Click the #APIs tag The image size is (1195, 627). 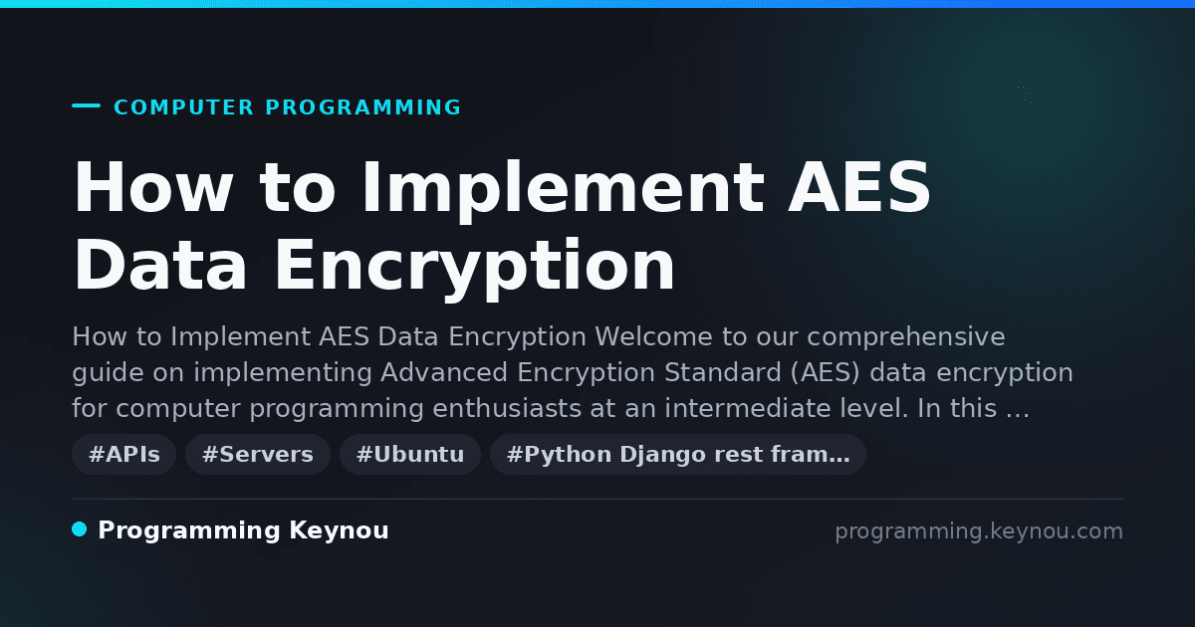tap(123, 454)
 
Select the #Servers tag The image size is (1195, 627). tap(258, 454)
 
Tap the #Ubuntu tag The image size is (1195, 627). tap(410, 454)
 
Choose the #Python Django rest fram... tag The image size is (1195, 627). tap(678, 454)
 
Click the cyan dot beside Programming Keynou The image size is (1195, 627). tap(80, 529)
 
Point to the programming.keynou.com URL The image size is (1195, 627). tap(979, 531)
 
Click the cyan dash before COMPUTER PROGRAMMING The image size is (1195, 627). tap(86, 105)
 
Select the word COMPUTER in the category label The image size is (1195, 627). tap(183, 107)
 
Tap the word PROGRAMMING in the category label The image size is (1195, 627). tap(362, 107)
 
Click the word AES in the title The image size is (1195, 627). tap(859, 187)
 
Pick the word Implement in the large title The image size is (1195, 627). tap(563, 191)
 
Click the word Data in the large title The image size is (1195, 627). tap(160, 265)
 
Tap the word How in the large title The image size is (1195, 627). tap(153, 187)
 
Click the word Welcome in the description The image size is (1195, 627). tap(653, 336)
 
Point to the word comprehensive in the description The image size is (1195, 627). tap(906, 337)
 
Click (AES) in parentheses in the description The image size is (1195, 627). tap(826, 372)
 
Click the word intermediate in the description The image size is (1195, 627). tap(748, 408)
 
